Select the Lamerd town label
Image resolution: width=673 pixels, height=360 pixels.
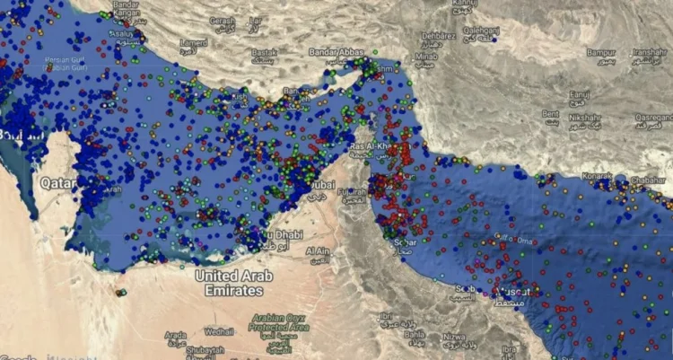(x=192, y=42)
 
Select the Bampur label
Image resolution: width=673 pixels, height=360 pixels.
(x=600, y=52)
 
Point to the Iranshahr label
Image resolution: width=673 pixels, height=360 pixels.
(x=650, y=52)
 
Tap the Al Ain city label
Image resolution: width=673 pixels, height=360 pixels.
(x=317, y=251)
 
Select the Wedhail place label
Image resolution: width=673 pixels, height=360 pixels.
(x=218, y=330)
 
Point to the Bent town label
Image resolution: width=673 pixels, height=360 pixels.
(x=550, y=113)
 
